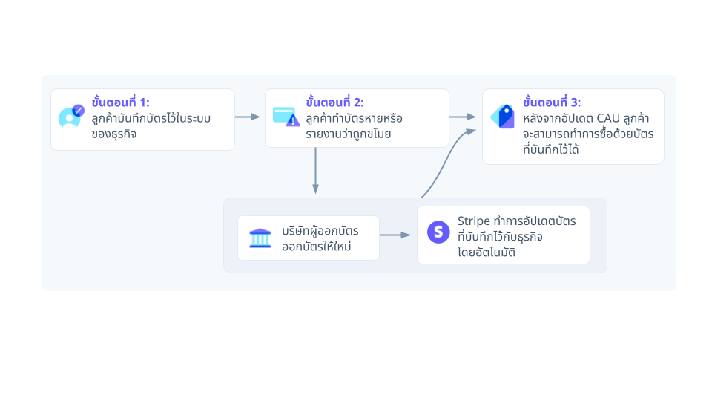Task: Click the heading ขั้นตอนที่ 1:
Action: tap(121, 102)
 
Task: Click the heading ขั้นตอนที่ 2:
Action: tap(334, 102)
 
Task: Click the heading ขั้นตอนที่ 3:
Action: tap(552, 102)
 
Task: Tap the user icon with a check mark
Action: tap(71, 117)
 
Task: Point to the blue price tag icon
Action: tap(503, 117)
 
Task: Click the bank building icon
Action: tap(260, 238)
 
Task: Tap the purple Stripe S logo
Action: tap(439, 232)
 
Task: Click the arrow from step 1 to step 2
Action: tap(248, 117)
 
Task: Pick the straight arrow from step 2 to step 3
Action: tap(463, 117)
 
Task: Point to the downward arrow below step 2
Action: tap(316, 171)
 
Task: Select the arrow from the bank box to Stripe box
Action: tap(396, 235)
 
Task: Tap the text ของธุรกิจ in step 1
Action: tap(114, 134)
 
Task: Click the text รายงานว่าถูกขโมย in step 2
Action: tap(348, 134)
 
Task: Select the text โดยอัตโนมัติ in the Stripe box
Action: tap(487, 252)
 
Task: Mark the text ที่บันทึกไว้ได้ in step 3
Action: tap(550, 150)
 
